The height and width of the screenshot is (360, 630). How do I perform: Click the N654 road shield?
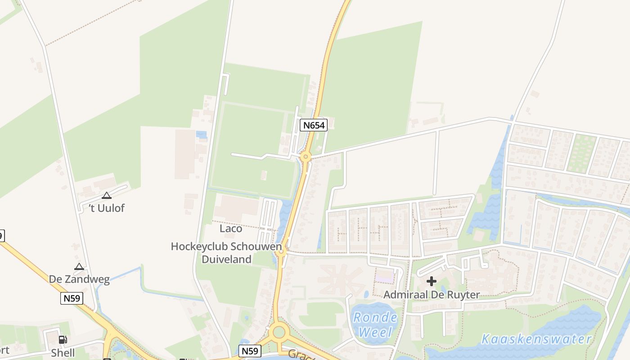click(314, 125)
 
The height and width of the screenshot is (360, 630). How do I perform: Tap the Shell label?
click(63, 352)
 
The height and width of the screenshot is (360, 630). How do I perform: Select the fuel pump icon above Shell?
click(63, 340)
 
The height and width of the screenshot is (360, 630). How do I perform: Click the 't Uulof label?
click(106, 208)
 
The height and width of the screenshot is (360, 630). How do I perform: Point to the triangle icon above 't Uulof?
click(106, 195)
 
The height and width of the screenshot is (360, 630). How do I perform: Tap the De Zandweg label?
click(79, 279)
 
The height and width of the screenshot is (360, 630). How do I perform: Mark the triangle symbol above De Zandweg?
click(79, 266)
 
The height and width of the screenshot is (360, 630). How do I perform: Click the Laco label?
click(231, 229)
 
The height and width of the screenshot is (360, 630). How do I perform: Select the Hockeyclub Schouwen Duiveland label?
click(226, 252)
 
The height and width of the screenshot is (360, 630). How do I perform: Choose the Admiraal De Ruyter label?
click(432, 295)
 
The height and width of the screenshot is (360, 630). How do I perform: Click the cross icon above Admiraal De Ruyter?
click(432, 282)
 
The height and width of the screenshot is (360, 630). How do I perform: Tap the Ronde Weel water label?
click(375, 324)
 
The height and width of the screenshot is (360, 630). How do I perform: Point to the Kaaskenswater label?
click(536, 339)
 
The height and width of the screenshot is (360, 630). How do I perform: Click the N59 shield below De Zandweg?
click(72, 298)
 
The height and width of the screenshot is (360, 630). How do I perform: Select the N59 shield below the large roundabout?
click(250, 351)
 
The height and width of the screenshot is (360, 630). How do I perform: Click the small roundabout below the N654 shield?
click(306, 157)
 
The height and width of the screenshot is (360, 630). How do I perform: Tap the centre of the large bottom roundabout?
click(279, 333)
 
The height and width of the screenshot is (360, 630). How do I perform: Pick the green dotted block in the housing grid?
click(581, 153)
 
